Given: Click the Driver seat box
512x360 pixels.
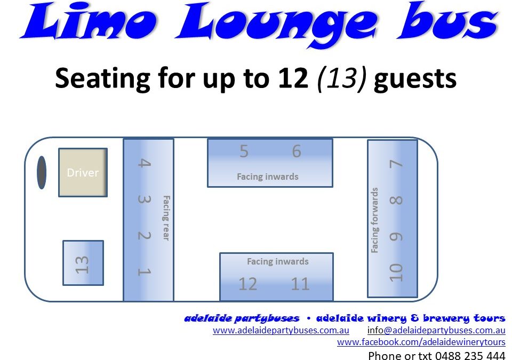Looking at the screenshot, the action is [x=83, y=172].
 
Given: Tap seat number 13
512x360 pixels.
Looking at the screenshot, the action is [x=82, y=265].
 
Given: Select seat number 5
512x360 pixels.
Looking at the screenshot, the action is [x=244, y=151].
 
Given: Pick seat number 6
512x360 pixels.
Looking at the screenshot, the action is [x=297, y=151].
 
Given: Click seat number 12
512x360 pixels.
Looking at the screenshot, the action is [x=248, y=284].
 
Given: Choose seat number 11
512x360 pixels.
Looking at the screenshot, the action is [x=300, y=284].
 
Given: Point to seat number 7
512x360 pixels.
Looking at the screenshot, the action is [x=396, y=164].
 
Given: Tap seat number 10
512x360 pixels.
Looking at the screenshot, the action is [x=396, y=273].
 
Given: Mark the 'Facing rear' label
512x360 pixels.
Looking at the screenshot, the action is [x=166, y=218].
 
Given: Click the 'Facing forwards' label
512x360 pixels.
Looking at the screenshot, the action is [x=374, y=220].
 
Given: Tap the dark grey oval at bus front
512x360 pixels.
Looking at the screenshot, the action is [x=42, y=172].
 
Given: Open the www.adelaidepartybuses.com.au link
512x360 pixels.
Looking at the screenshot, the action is [x=281, y=330].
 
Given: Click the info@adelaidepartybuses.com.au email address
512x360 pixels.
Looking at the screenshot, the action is [x=436, y=330].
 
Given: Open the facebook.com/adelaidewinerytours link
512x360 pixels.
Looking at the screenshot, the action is [x=421, y=342].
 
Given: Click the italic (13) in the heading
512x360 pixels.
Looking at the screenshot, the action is [x=342, y=78].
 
